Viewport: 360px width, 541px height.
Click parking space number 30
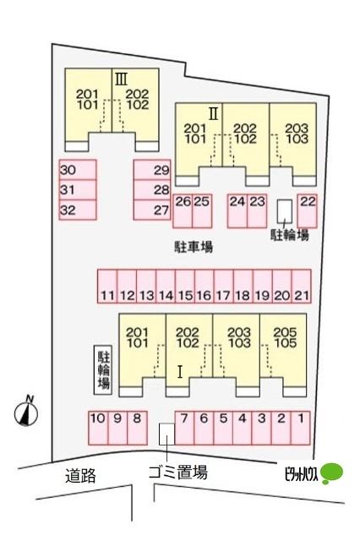tap(77, 169)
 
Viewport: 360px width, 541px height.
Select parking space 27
tap(152, 210)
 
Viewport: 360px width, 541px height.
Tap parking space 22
tap(307, 210)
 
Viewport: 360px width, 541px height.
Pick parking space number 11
tap(107, 287)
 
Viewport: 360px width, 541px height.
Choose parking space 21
tap(302, 287)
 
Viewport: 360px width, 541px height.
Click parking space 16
tap(205, 287)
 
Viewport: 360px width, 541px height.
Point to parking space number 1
tap(300, 428)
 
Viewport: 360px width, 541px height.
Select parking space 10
tap(98, 428)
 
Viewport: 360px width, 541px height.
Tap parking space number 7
tap(184, 428)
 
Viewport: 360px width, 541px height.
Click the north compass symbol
tap(26, 412)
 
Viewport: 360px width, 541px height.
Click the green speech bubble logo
tap(332, 473)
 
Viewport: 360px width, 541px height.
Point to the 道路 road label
tap(80, 476)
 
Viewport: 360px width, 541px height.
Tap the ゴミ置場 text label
tap(178, 472)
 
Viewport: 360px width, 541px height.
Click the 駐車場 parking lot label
tap(194, 247)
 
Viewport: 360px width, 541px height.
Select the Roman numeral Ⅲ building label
tap(121, 79)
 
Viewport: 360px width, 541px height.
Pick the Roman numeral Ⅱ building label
tap(214, 114)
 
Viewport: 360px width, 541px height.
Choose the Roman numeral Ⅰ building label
tap(180, 372)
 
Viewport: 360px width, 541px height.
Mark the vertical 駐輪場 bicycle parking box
tap(103, 370)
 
